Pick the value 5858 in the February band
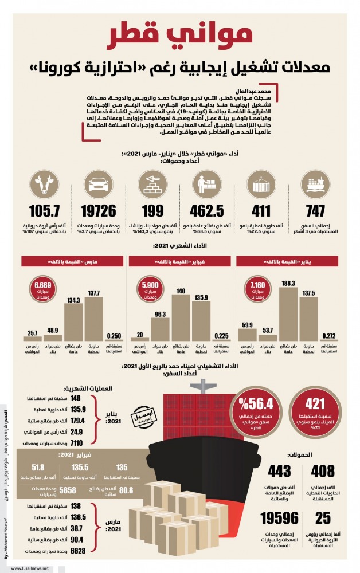(67, 490)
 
